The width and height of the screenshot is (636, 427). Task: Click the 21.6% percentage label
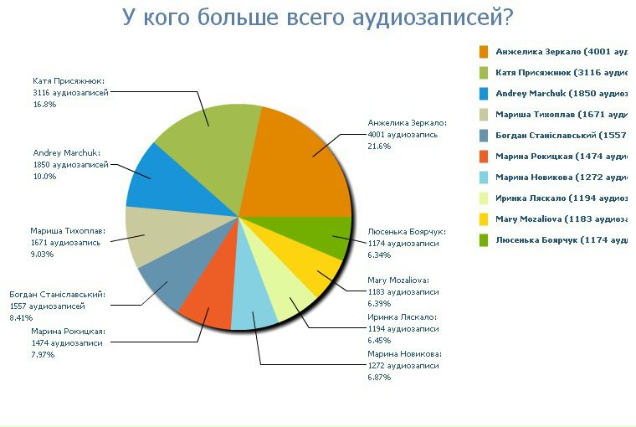pyautogui.click(x=380, y=147)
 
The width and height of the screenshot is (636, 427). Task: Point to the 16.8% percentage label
pyautogui.click(x=44, y=105)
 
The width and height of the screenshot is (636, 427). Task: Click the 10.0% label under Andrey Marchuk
pyautogui.click(x=44, y=177)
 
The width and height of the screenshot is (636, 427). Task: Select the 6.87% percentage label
pyautogui.click(x=380, y=378)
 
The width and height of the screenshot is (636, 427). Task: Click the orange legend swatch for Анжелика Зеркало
pyautogui.click(x=484, y=52)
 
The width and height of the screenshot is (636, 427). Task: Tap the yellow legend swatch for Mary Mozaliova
pyautogui.click(x=484, y=219)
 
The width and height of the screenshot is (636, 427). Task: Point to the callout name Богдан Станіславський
pyautogui.click(x=57, y=295)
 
